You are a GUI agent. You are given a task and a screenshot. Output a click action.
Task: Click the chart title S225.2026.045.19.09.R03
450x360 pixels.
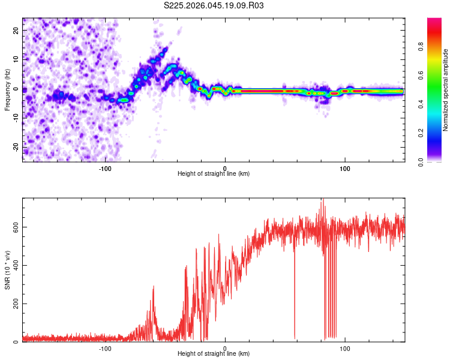214,5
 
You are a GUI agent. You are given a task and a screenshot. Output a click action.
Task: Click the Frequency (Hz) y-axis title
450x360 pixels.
7,90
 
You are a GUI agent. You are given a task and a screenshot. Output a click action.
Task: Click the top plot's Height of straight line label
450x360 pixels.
214,173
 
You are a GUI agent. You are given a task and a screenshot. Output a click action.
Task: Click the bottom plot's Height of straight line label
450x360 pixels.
214,353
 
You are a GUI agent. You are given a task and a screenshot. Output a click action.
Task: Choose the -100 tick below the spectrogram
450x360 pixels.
106,167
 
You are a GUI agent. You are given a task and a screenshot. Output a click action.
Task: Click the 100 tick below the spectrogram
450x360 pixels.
345,167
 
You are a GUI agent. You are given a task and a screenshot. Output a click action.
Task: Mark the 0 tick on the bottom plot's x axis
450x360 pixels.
225,347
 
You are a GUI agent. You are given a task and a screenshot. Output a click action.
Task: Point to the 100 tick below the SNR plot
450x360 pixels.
345,347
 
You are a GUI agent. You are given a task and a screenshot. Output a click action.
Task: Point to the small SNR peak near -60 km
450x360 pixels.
154,288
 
